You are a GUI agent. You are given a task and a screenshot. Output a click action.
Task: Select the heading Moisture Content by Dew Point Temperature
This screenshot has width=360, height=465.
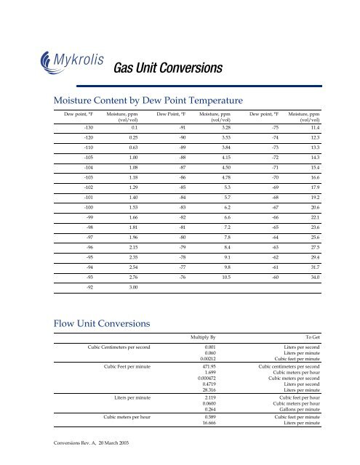(x=143, y=100)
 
